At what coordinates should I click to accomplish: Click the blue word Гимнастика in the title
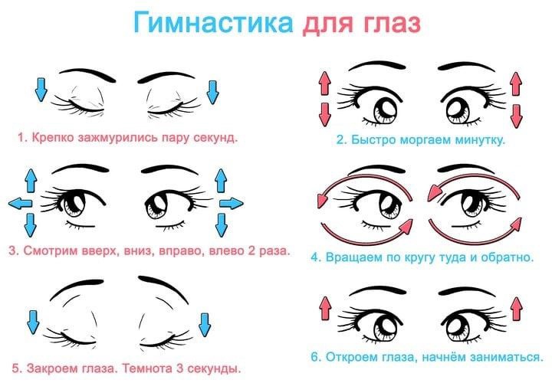coord(213,21)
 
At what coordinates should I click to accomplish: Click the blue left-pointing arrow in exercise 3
coord(21,203)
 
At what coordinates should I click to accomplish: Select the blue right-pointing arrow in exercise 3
coord(232,203)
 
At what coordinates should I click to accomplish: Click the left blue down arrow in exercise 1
coord(41,90)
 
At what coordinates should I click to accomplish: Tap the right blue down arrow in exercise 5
coord(205,325)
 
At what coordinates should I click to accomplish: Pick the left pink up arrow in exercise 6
coord(325,308)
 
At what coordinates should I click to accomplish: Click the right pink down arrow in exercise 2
coord(517,116)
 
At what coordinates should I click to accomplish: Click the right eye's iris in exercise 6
coord(458,327)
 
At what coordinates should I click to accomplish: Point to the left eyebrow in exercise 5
coord(77,289)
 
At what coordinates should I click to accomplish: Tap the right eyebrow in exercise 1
coord(166,78)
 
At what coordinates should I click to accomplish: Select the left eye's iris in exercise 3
coord(74,203)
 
